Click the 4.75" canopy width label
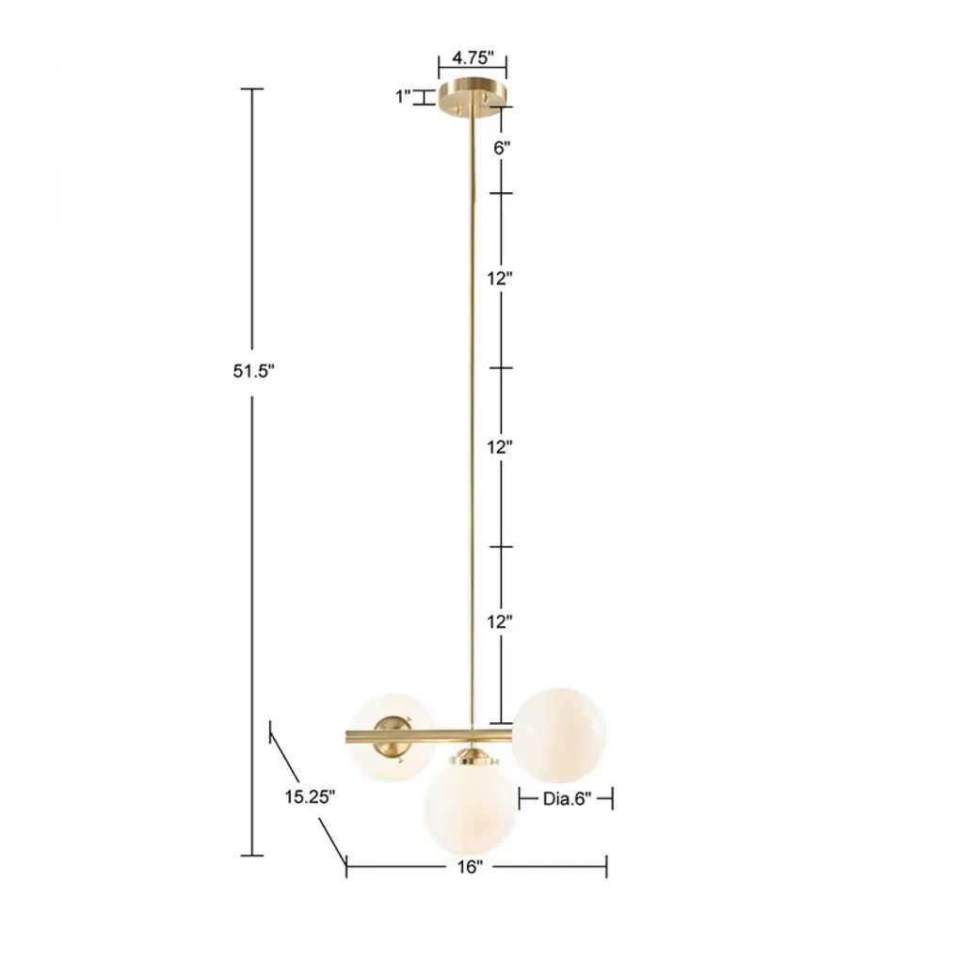pos(473,57)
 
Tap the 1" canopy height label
pos(403,97)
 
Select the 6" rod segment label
pos(502,148)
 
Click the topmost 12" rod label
pos(500,279)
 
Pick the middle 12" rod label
pos(500,447)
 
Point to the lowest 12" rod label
pos(500,621)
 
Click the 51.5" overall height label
pos(253,371)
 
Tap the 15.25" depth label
pos(310,796)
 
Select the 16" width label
pos(470,867)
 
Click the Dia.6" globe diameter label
pos(567,798)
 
